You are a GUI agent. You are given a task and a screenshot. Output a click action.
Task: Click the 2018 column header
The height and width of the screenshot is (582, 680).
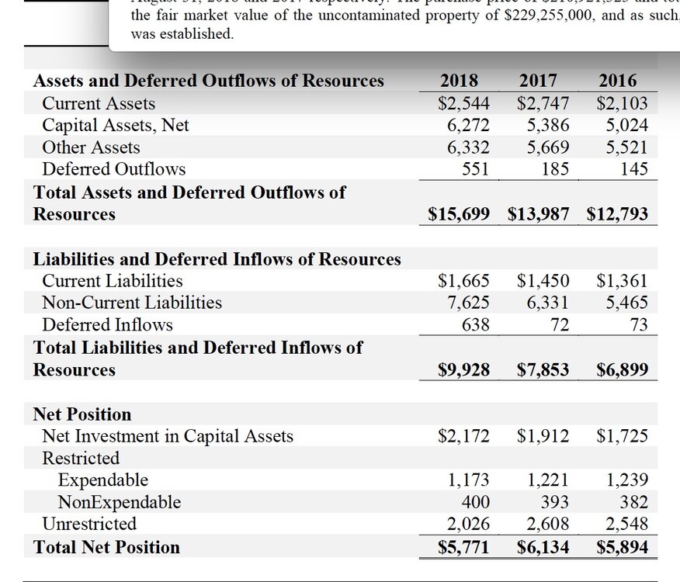459,81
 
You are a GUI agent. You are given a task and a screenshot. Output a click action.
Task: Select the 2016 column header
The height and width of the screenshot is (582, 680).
617,81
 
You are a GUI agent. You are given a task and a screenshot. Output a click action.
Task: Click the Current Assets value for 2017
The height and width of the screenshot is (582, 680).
543,103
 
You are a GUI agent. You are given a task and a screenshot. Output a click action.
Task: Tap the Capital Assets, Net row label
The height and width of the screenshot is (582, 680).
116,125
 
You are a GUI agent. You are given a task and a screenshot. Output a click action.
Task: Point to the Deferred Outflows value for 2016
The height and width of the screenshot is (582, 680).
634,169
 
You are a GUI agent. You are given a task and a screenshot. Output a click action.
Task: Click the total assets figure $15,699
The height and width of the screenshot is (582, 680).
459,214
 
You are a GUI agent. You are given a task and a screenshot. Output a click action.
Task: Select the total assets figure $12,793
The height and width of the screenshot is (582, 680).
617,214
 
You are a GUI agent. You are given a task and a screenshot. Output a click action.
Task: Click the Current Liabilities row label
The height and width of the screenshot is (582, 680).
113,281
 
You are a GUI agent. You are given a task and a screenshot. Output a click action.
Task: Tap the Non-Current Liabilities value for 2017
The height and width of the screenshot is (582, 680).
548,303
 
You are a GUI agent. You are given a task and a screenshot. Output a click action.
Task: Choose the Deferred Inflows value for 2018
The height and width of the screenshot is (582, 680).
476,324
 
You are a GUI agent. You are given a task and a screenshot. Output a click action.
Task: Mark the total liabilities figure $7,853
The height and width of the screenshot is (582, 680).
543,370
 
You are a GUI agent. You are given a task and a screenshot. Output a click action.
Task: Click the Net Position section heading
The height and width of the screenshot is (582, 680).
82,414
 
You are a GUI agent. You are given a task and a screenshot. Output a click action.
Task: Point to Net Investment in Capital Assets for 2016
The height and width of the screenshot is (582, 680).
622,436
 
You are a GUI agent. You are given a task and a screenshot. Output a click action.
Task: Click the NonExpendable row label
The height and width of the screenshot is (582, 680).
120,502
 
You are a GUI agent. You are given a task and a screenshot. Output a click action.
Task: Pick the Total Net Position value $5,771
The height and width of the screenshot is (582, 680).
463,547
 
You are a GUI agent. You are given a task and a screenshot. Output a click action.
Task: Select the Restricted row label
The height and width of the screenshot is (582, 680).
81,458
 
